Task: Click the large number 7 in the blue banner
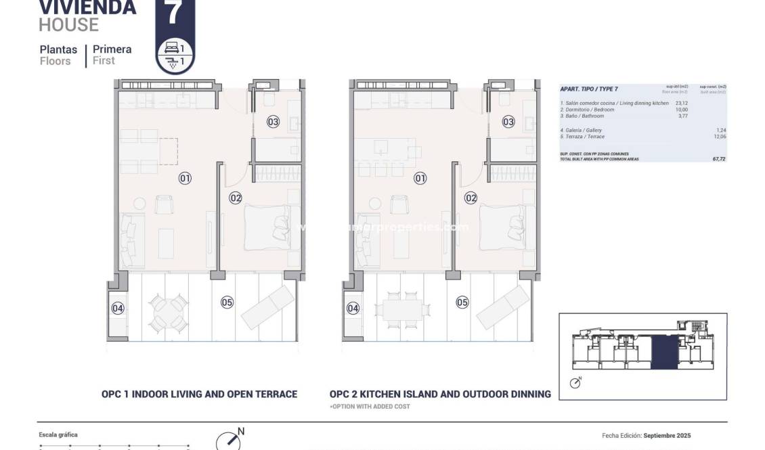point(175,13)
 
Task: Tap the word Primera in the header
point(112,49)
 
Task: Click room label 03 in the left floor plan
point(273,122)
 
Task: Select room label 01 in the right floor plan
point(420,179)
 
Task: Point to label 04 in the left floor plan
point(118,309)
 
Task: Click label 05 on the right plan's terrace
point(462,302)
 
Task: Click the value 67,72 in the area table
point(719,159)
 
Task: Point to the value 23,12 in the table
point(682,104)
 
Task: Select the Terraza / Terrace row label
point(582,137)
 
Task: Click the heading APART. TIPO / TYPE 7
point(589,89)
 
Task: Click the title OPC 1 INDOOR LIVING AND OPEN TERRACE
point(199,394)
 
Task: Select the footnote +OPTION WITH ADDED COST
point(370,407)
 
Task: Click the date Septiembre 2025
point(667,436)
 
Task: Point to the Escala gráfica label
point(58,434)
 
